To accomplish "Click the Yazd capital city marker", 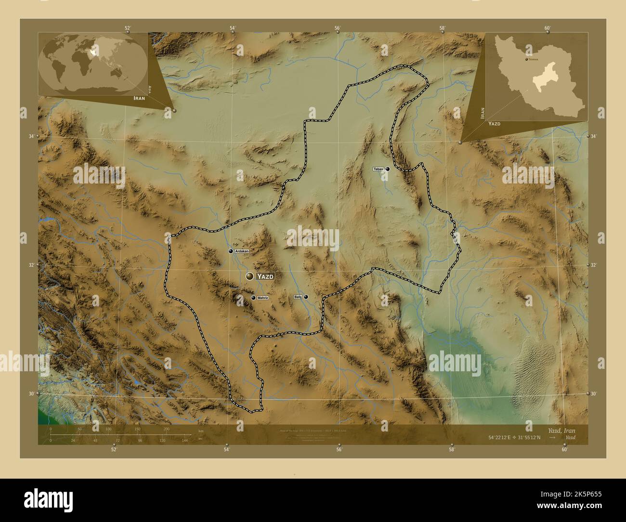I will [249, 276].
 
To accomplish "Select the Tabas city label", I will [378, 169].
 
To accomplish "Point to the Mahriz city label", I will [262, 298].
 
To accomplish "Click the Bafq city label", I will [298, 297].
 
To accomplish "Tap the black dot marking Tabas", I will [387, 169].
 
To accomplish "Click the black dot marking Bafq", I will [306, 297].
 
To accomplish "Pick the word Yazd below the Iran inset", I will [494, 124].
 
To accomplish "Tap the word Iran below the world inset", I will [136, 97].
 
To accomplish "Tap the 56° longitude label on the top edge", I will [338, 28].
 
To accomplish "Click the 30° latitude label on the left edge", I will [31, 393].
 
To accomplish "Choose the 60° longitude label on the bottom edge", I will [564, 449].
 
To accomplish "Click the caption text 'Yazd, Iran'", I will [561, 430].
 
